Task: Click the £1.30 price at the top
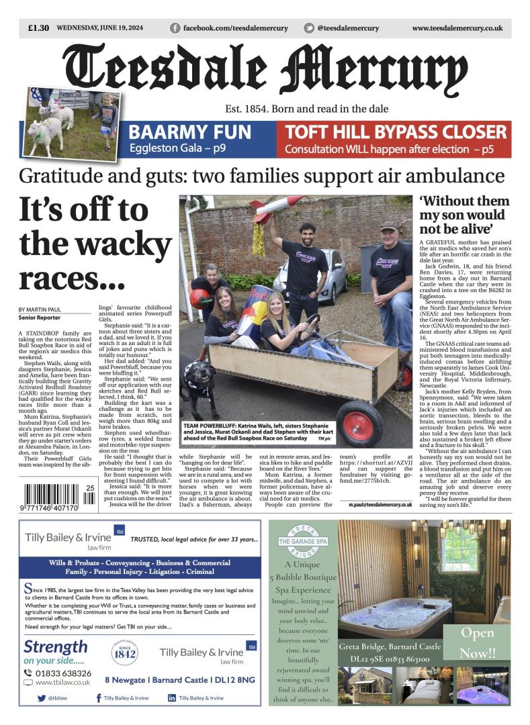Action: (38, 28)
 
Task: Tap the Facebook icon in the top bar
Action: (175, 28)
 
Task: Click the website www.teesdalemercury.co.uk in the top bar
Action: (457, 28)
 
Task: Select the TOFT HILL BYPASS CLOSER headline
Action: (396, 132)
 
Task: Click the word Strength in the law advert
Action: (56, 647)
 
